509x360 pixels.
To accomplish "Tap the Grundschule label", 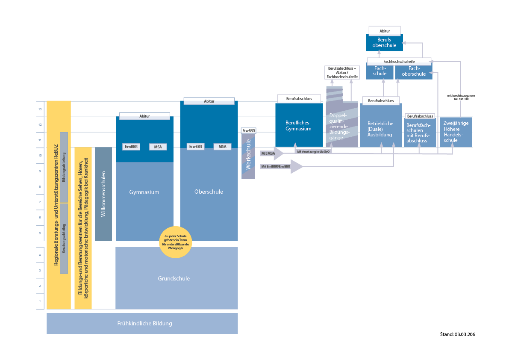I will click(174, 278).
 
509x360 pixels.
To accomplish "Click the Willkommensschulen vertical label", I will click(103, 194).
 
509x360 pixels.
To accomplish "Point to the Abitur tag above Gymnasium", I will click(144, 116).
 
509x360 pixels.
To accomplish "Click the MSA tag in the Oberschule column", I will click(222, 146).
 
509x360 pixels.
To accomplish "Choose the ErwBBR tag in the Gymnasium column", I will click(131, 147).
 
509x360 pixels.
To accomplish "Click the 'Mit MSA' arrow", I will click(271, 153).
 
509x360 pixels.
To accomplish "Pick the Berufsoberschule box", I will click(384, 42).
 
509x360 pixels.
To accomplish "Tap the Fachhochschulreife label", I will click(399, 62).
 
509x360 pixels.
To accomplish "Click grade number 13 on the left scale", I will click(40, 109).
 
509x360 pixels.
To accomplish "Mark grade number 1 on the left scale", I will click(40, 301).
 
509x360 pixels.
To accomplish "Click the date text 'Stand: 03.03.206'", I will click(457, 334).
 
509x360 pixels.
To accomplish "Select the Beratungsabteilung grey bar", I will click(64, 238).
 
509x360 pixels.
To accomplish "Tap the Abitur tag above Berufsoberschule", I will click(385, 31).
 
